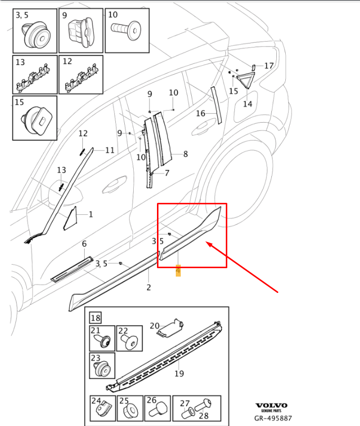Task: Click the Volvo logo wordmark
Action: pos(271,405)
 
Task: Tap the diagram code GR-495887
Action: pos(273,418)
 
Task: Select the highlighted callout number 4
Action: pos(178,271)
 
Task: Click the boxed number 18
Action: pos(96,318)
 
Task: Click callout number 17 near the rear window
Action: pos(269,66)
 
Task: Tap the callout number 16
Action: pos(201,113)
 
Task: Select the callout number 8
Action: pos(185,154)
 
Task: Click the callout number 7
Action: pos(167,173)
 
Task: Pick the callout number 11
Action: pos(110,150)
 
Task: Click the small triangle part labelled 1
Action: pos(70,218)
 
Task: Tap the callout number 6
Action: pos(84,244)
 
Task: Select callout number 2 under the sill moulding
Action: pos(149,287)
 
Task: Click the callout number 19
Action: pos(179,373)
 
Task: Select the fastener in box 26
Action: pos(159,410)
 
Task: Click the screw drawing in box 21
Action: pos(103,341)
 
